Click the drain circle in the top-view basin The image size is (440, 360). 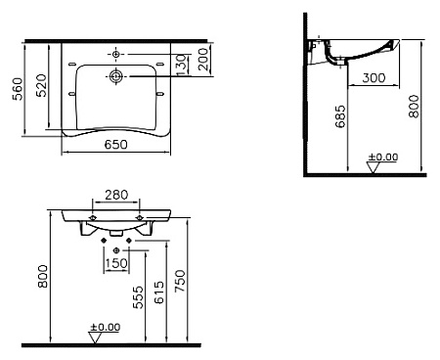coord(116,75)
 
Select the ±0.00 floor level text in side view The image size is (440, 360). coord(381,157)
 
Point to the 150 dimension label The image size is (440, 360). coord(115,261)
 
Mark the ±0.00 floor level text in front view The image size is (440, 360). coord(105,327)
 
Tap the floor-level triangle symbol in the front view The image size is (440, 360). coord(94,338)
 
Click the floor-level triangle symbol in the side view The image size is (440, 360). coord(372,167)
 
